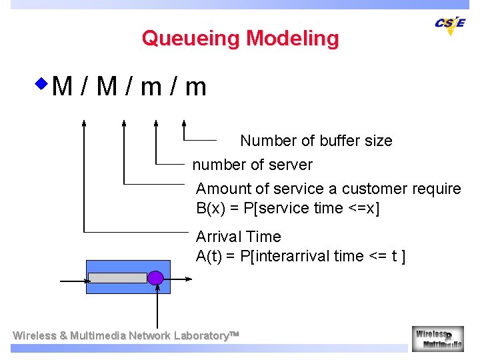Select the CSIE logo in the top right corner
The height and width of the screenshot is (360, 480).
tap(450, 25)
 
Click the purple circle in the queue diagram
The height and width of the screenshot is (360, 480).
tap(155, 277)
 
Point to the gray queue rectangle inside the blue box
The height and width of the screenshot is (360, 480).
tap(117, 277)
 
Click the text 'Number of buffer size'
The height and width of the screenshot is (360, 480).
tap(316, 141)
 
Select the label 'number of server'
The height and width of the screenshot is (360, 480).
tap(252, 165)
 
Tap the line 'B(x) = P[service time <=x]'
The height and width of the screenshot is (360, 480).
tap(287, 209)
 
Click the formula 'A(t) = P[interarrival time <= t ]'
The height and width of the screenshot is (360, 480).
tap(301, 256)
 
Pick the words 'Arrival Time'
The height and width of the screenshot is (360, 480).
tap(238, 237)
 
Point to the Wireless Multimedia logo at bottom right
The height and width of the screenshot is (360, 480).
tap(437, 339)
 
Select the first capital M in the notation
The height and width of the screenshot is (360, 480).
tap(62, 87)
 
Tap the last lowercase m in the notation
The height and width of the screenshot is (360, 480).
tap(195, 87)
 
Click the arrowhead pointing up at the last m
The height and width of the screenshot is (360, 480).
tap(185, 123)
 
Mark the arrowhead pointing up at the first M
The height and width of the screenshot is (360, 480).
tap(84, 123)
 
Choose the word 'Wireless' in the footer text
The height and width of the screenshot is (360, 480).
tap(35, 335)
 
